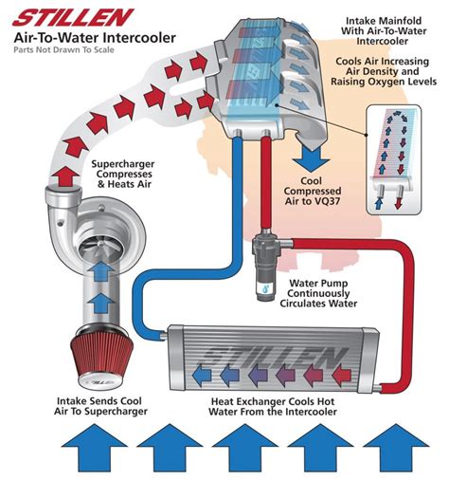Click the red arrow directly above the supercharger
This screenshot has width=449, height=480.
pos(63,175)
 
